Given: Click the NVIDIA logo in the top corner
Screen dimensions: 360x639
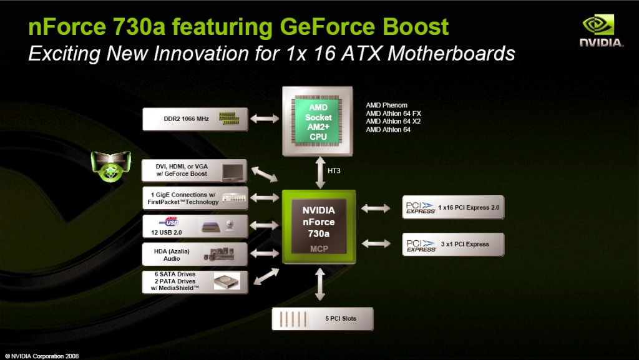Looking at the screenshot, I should click(x=601, y=31).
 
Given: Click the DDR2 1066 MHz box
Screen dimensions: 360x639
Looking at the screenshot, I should click(x=195, y=119).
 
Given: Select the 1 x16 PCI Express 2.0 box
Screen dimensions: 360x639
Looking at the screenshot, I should click(x=452, y=207).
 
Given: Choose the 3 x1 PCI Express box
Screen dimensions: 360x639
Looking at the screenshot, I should click(x=452, y=244).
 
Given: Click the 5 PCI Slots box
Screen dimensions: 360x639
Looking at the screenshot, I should click(x=322, y=319).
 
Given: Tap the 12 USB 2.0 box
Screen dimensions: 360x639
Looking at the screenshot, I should click(x=195, y=225).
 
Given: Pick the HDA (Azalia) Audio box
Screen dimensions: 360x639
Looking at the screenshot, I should click(x=195, y=254).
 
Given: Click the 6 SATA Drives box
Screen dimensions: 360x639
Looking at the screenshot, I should click(x=195, y=281).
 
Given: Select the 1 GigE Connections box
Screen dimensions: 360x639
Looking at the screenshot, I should click(x=195, y=198).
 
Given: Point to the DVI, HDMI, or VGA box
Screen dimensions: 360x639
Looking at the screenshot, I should click(x=195, y=170).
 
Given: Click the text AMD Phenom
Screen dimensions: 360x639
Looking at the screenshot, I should click(x=386, y=105).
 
